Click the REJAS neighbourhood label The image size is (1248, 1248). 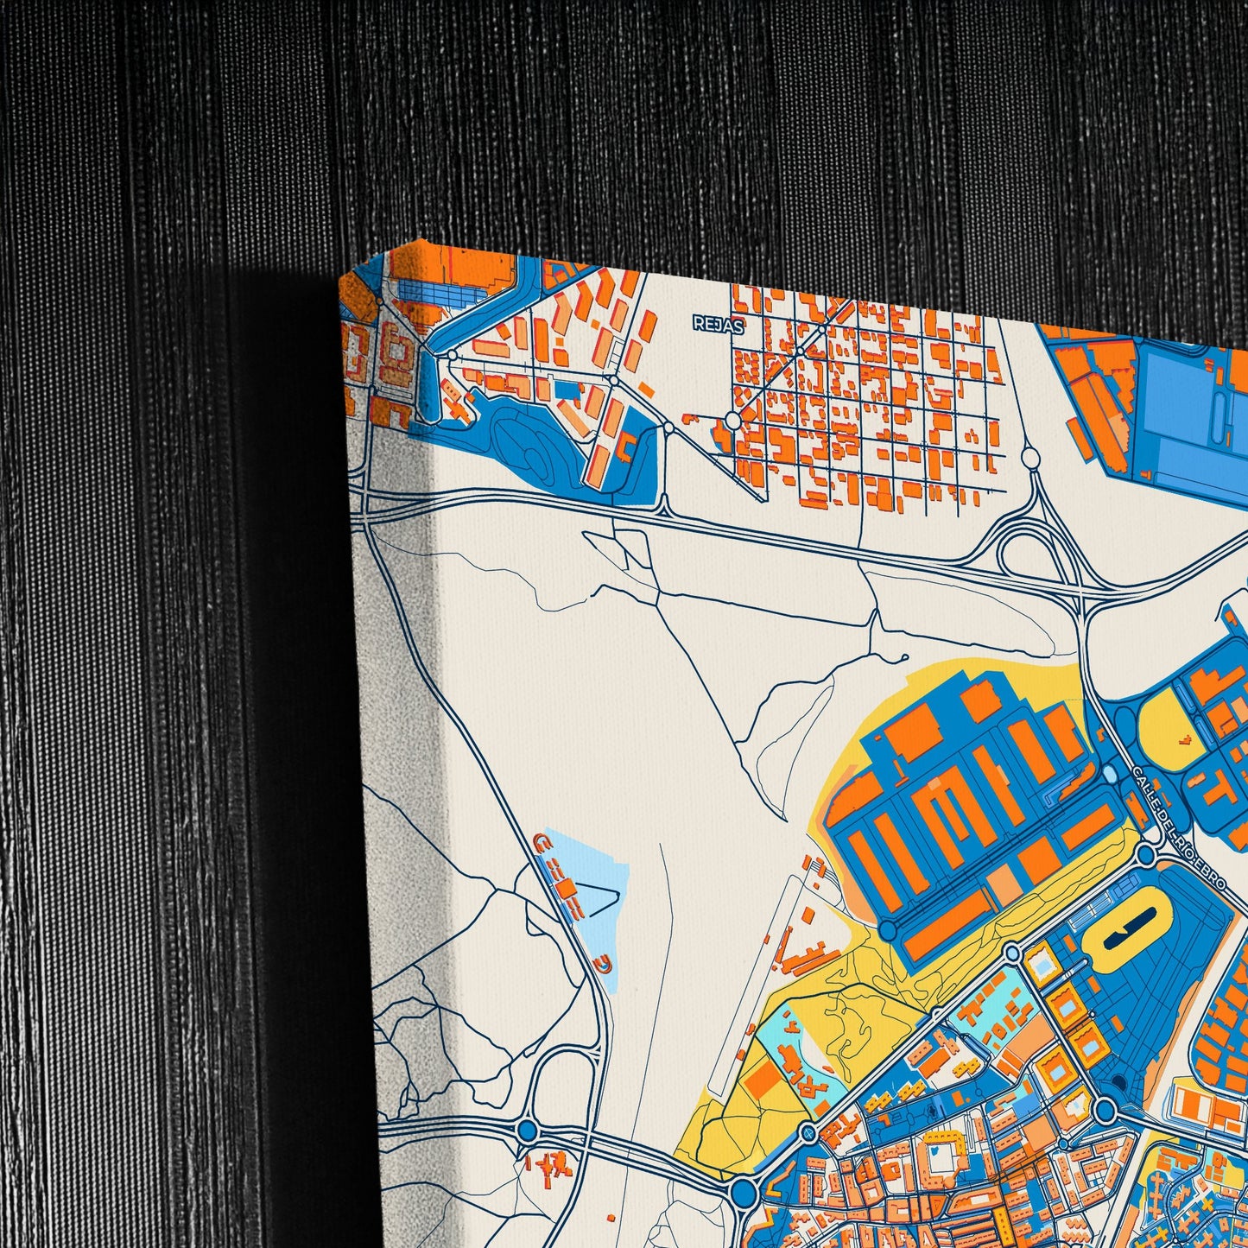tap(718, 324)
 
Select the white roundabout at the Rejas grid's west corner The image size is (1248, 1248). tap(732, 421)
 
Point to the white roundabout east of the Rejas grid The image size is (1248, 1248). tap(1029, 458)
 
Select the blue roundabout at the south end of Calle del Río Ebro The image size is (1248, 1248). tap(1145, 855)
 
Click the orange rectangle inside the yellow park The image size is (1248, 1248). tap(764, 1080)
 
